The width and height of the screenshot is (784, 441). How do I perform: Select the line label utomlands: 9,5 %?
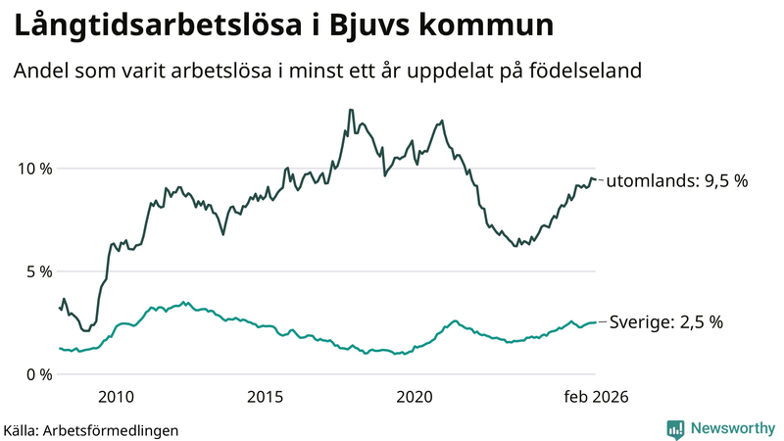pos(677,181)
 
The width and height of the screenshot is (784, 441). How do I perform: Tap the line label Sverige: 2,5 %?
pos(666,322)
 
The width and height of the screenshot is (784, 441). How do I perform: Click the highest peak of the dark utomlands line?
pos(350,110)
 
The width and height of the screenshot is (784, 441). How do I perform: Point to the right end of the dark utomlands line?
pos(595,179)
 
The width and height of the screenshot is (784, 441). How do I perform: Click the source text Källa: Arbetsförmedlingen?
pos(91,429)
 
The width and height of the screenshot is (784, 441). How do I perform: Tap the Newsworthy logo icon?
pos(675,428)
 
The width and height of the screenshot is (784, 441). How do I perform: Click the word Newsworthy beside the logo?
pos(731,428)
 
